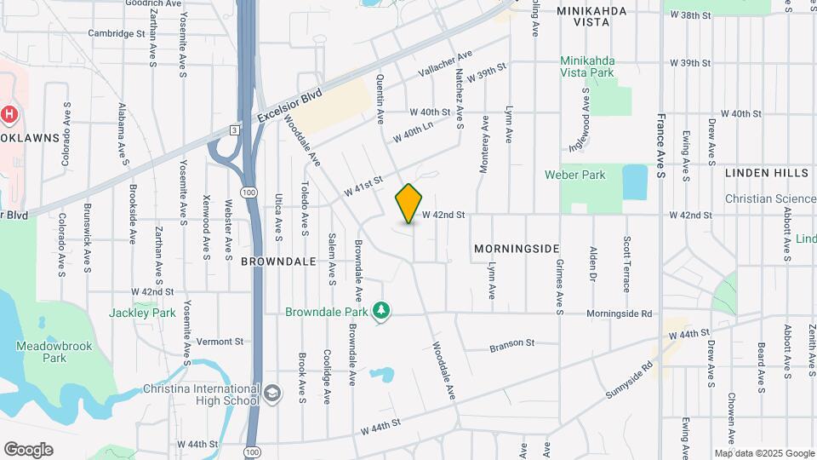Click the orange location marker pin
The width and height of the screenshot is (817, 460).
click(409, 204)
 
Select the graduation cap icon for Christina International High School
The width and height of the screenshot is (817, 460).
click(271, 393)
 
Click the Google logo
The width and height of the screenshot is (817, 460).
click(28, 450)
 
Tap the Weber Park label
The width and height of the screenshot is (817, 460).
click(574, 175)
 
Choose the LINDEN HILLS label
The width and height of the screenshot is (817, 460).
click(766, 172)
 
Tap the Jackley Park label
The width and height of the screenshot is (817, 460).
click(142, 313)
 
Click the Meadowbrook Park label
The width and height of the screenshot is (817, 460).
click(41, 352)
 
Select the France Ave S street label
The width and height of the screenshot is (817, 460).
click(660, 145)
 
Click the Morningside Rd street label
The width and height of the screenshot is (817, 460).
click(619, 313)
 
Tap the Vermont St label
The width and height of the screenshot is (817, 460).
click(220, 342)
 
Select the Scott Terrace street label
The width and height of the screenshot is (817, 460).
click(627, 264)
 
